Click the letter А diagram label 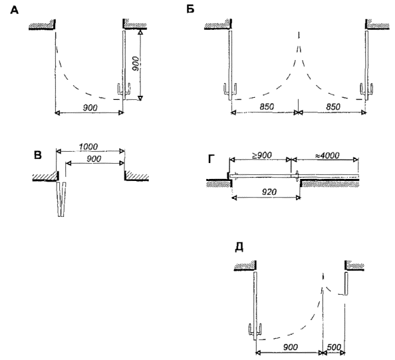(15, 11)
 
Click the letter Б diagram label (190, 9)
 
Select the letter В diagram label (38, 155)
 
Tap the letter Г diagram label (211, 159)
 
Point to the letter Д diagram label (239, 248)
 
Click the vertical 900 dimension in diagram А (135, 63)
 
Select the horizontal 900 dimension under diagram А (90, 108)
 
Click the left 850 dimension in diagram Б (267, 106)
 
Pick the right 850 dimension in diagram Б (333, 106)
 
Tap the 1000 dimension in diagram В (88, 146)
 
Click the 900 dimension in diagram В (94, 159)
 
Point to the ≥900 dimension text (262, 155)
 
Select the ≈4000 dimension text (327, 155)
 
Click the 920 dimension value (269, 192)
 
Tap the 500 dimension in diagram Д (334, 347)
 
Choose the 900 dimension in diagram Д (290, 347)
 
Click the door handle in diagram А (124, 91)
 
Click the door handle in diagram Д (255, 331)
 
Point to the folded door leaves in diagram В (61, 199)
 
